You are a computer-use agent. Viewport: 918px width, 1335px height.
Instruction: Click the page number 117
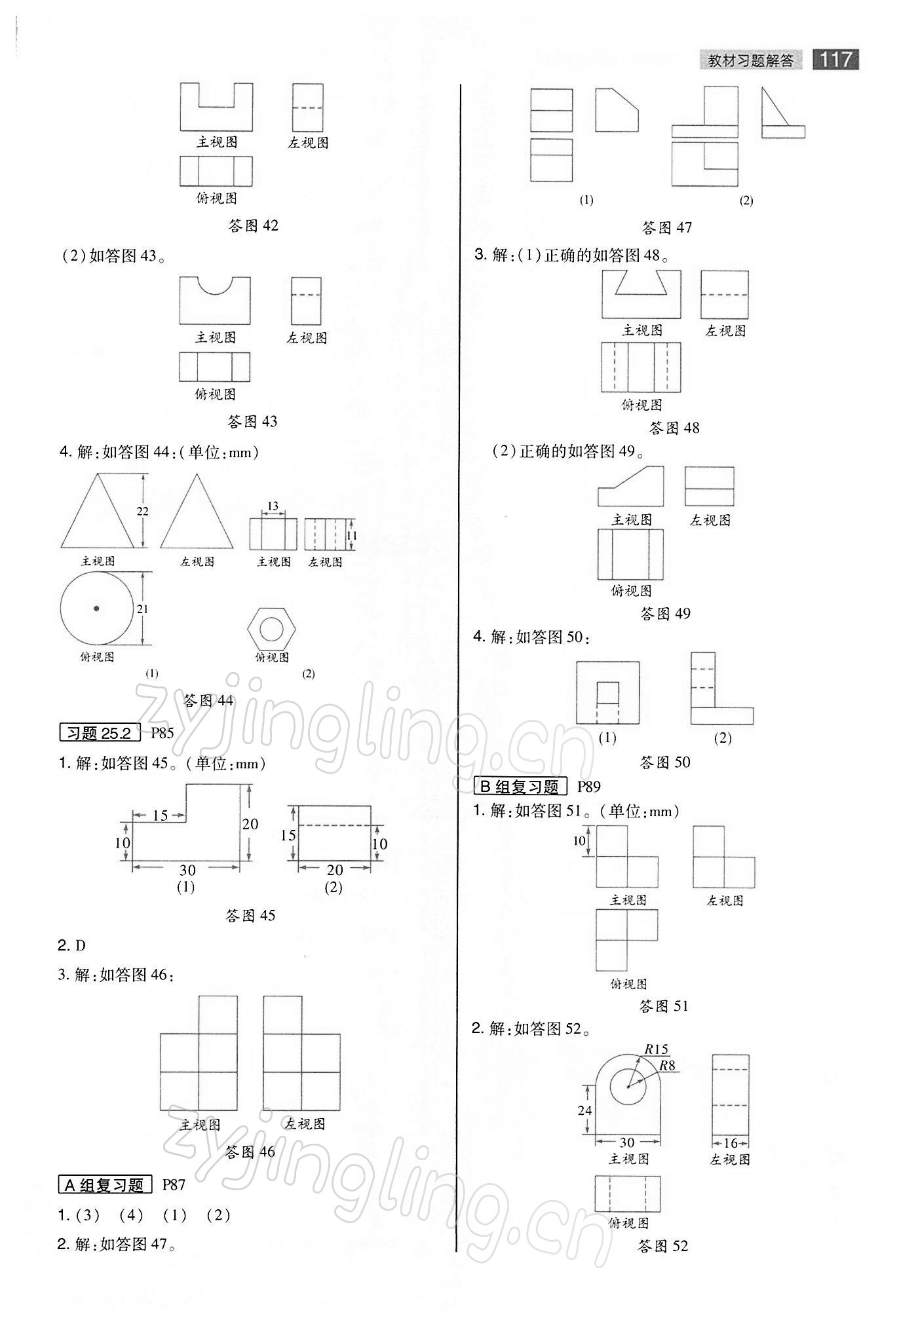835,60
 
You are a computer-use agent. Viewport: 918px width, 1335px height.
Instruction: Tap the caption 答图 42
253,226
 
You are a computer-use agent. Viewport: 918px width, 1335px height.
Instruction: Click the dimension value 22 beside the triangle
143,511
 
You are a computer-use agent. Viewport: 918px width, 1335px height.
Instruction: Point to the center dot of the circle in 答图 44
96,609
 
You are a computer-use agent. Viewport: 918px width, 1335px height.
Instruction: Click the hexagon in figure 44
271,628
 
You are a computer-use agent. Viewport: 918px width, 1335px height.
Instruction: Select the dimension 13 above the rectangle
273,506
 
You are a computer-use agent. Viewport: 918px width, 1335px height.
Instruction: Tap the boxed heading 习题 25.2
100,733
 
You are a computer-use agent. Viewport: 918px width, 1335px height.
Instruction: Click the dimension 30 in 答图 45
187,870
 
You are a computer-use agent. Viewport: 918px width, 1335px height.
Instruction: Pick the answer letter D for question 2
81,945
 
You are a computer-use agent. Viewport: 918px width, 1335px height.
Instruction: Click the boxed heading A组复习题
105,1185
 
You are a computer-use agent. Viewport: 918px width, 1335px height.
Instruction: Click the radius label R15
656,1049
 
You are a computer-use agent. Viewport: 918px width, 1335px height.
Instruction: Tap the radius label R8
667,1066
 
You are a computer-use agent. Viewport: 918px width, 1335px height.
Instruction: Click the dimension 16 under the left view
731,1143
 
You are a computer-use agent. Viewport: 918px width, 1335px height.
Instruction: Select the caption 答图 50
665,762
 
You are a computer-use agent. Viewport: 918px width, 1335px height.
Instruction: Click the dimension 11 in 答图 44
352,535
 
